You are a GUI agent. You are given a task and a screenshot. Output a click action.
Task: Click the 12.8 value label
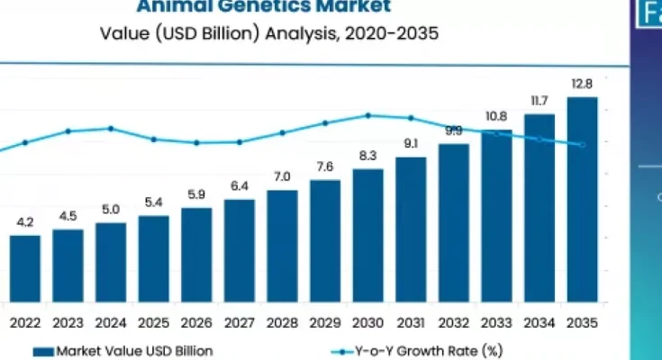pos(582,85)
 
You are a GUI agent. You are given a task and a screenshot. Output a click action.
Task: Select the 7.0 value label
pos(282,176)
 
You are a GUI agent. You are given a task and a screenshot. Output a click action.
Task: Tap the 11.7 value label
pos(539,101)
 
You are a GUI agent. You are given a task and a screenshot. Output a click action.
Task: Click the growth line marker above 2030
pos(367,115)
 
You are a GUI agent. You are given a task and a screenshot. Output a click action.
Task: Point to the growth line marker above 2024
pos(111,128)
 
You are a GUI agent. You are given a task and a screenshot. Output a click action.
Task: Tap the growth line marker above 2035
pos(582,145)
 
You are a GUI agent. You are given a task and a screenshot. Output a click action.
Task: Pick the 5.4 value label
pos(153,202)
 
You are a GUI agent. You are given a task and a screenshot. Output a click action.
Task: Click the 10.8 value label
pos(496,116)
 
